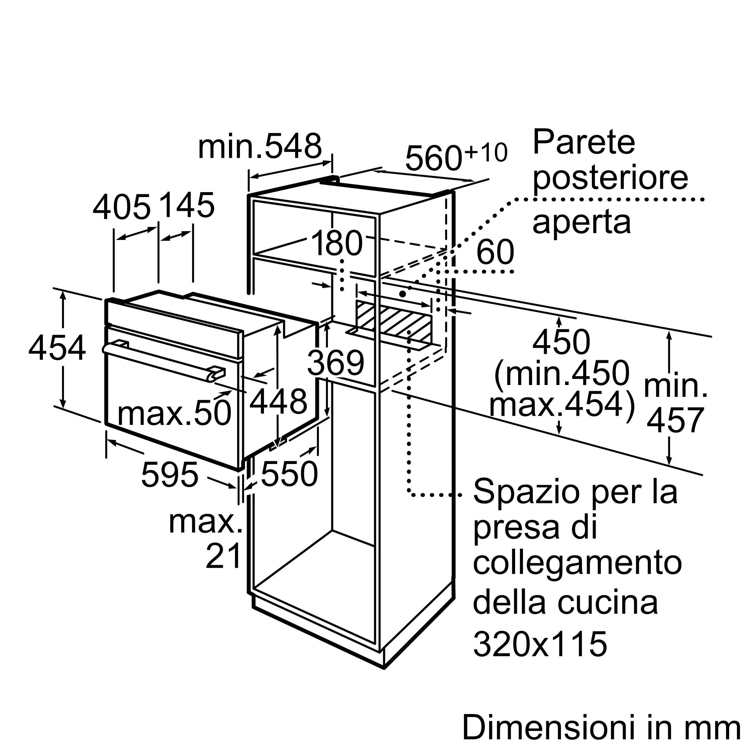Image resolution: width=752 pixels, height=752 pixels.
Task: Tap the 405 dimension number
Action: tap(121, 207)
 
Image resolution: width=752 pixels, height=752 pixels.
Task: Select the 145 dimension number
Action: tap(187, 205)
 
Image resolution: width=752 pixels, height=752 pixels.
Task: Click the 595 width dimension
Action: tap(170, 475)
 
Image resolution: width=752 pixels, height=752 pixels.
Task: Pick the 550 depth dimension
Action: tap(289, 474)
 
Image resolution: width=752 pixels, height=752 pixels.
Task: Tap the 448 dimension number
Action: tap(278, 401)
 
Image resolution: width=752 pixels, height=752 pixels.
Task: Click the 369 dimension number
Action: tap(335, 362)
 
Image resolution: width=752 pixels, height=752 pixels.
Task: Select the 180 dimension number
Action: tap(337, 243)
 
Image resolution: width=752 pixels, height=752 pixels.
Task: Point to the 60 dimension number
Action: tap(495, 252)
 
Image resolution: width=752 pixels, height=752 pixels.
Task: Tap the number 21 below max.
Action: tap(224, 556)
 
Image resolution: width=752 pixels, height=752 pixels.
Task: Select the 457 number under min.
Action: tap(675, 420)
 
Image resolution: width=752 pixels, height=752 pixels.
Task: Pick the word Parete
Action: tap(584, 143)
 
